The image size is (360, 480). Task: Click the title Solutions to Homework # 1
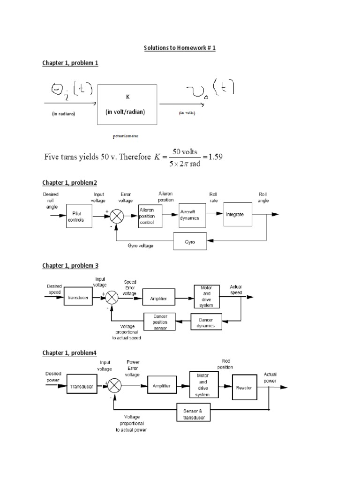(x=180, y=48)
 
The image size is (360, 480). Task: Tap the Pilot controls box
(x=75, y=217)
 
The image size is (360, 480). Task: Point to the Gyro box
(x=190, y=242)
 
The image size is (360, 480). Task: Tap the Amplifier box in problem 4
(x=161, y=386)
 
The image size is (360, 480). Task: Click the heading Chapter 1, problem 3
(x=70, y=266)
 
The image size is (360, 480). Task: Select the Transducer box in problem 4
(x=82, y=386)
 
